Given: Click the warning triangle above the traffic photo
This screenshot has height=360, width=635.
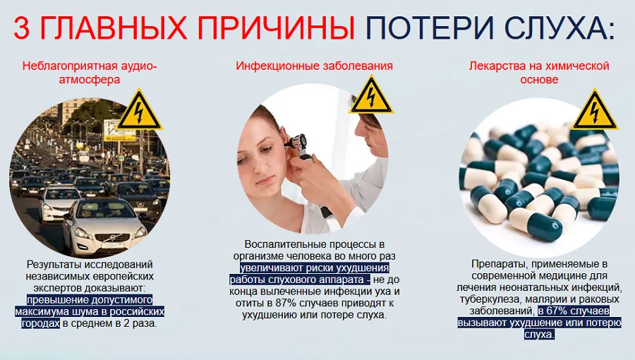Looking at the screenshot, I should (140, 110).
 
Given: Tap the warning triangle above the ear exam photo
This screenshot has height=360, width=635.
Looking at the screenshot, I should (371, 95).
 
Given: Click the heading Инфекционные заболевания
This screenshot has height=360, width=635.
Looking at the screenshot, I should (314, 66).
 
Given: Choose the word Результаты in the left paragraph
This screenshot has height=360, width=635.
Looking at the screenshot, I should (53, 263).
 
